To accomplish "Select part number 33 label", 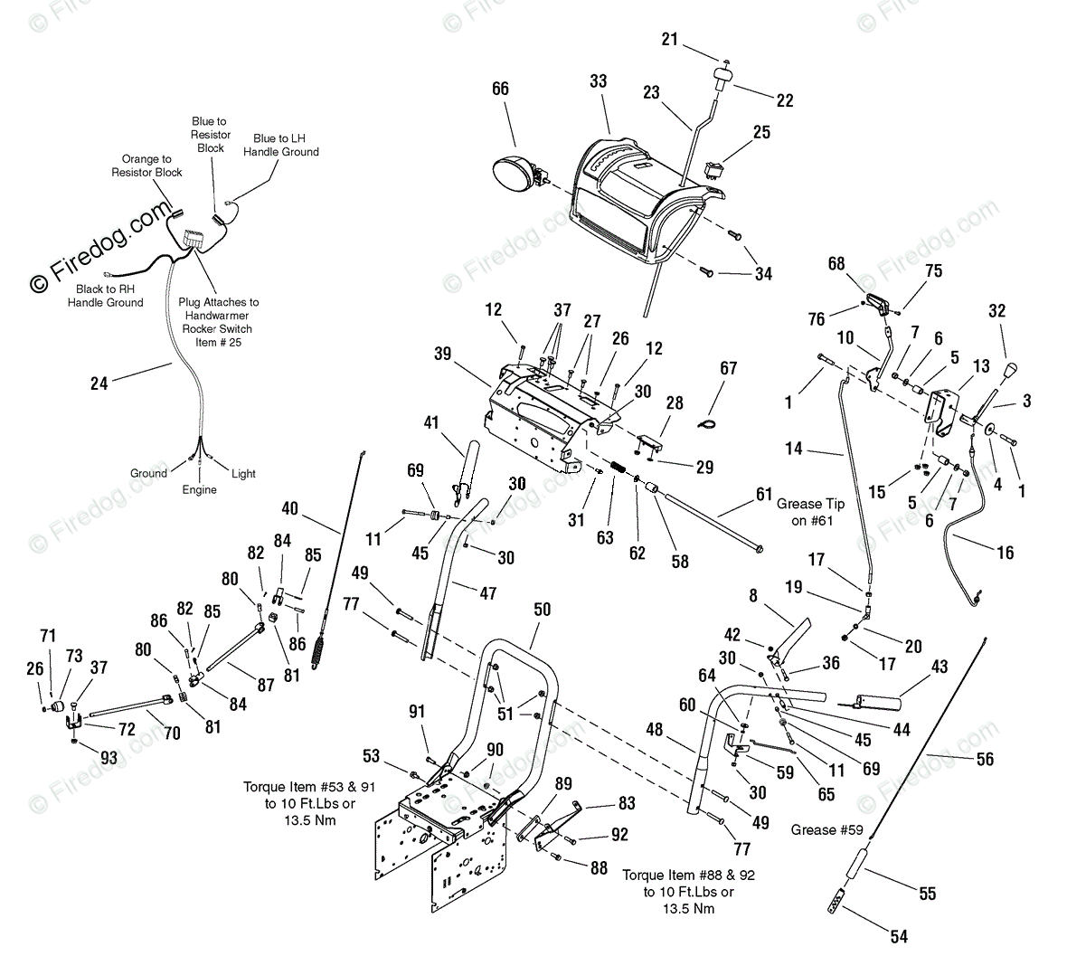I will [x=598, y=81].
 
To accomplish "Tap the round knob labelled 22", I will [x=722, y=78].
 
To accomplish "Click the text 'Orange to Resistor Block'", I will [x=146, y=166].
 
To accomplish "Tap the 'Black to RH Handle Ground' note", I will [x=105, y=296].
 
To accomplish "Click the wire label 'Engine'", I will [x=199, y=489].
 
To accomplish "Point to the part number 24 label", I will [x=99, y=383].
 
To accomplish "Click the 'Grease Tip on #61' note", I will [x=811, y=512].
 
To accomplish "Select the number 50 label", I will [x=542, y=611].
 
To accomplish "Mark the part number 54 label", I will [x=898, y=937].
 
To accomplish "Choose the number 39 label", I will [x=442, y=355].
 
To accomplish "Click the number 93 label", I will [x=109, y=758].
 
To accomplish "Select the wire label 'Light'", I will [x=243, y=473].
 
